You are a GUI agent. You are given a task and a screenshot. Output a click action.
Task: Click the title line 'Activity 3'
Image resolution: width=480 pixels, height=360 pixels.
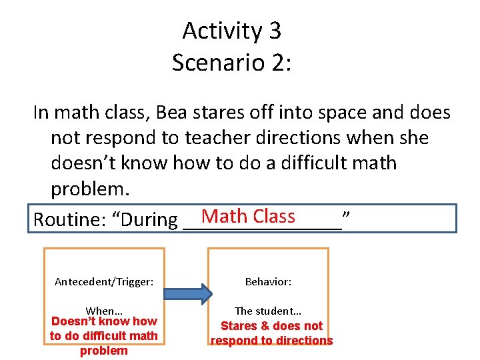coord(231,31)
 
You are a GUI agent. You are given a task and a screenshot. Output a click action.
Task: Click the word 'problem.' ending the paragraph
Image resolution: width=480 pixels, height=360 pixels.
coord(89,189)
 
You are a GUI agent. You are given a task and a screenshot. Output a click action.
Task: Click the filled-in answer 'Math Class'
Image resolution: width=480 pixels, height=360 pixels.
coord(248,216)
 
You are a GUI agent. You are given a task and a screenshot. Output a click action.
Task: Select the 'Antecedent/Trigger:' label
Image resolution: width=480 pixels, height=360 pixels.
coord(104,282)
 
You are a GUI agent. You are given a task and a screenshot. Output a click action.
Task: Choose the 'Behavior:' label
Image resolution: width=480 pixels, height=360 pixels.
coord(268,282)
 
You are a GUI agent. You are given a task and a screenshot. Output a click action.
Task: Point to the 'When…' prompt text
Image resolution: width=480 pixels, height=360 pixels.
coord(104,311)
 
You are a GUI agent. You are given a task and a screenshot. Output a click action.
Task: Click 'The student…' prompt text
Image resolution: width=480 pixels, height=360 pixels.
coord(268,311)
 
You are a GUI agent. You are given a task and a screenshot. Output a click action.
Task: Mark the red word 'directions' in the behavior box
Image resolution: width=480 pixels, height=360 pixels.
coord(303,341)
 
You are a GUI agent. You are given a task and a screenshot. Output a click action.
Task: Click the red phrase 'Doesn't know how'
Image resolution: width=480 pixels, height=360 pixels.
coord(104,321)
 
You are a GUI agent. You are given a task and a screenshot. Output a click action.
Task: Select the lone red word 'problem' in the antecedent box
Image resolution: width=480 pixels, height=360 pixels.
coord(104,351)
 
